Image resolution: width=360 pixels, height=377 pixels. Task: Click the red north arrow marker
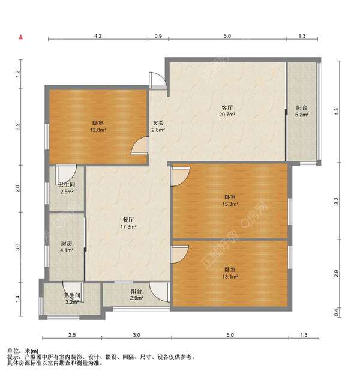pos(21,37)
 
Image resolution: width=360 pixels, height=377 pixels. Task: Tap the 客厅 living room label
pos(227,107)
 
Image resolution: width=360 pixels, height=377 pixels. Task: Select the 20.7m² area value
pos(227,115)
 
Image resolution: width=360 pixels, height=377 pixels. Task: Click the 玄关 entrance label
pos(158,123)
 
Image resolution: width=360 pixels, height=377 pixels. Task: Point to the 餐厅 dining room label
pos(128,220)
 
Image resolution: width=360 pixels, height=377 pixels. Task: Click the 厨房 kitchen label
pos(67,243)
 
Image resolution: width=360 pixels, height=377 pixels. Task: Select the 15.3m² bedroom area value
pos(230,204)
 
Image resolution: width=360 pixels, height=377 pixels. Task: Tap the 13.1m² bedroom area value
pos(230,277)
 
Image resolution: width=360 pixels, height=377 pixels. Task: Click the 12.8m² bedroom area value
pos(98,130)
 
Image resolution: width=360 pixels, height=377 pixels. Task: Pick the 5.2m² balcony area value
pos(302,115)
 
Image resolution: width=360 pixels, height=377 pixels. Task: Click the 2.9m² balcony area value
pos(137,298)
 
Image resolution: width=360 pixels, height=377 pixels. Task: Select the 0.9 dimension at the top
pos(158,36)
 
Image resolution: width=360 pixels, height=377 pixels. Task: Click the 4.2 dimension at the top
pos(98,36)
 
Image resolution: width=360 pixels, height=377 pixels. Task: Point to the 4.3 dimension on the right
pos(336,111)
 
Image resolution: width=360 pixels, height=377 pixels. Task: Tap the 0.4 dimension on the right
pos(336,312)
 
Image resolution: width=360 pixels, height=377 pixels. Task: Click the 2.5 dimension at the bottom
pos(72,335)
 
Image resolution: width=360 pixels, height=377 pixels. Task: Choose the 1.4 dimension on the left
pos(17,299)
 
